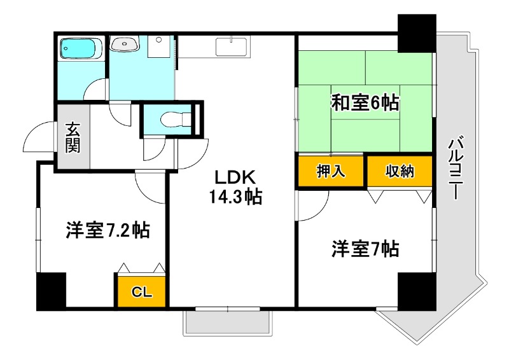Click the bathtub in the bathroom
point(81,48)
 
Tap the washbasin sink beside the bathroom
point(124,43)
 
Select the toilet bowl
point(175,119)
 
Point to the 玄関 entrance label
point(73,137)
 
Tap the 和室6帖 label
point(365,102)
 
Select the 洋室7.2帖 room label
point(108,230)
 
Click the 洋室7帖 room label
point(365,249)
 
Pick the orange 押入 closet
point(331,171)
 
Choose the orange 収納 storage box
point(400,171)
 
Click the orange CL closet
point(141,291)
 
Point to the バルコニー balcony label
point(456,168)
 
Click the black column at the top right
point(417,33)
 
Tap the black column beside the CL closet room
point(52,291)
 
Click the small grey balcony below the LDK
point(227,323)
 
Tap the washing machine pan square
point(158,46)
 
